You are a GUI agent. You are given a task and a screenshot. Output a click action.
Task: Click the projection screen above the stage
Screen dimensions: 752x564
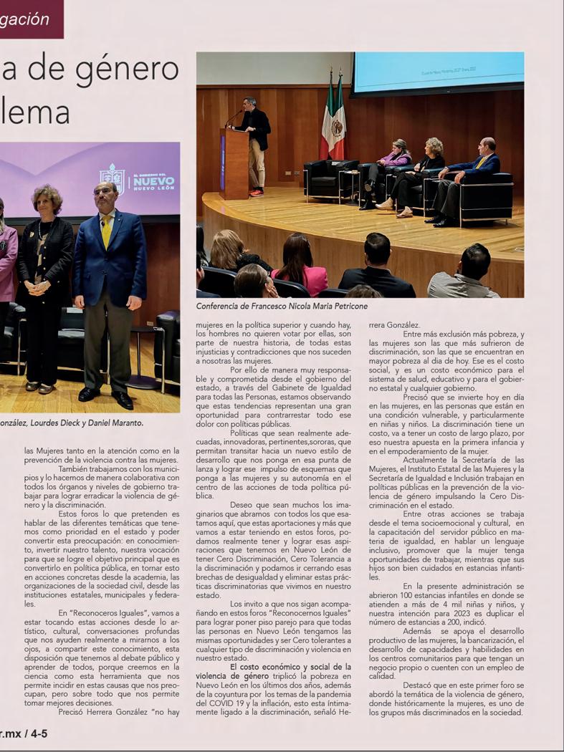(438, 72)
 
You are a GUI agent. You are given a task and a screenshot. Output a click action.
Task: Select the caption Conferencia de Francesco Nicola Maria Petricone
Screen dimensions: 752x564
(282, 306)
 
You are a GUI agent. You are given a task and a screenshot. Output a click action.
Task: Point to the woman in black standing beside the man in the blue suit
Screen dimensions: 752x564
(45, 286)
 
